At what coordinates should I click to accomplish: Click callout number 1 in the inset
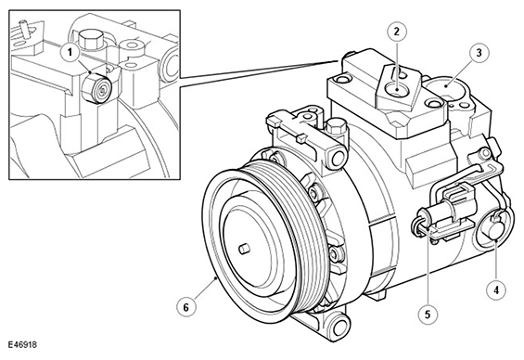pos(70,53)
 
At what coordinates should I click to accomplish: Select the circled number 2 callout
pos(397,32)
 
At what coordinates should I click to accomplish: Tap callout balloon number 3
pos(479,53)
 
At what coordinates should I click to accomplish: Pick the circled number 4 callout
pos(496,290)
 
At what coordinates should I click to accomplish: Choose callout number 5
pos(428,315)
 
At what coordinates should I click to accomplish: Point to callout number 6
pos(186,307)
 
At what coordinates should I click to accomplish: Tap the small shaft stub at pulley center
pos(244,249)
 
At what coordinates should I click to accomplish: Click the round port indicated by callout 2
pos(397,91)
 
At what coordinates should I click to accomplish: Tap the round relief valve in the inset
pos(96,88)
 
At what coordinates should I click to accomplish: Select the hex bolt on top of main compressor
pos(335,127)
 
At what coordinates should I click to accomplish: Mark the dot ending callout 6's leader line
pos(216,278)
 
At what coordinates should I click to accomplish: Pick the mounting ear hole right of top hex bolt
pos(338,157)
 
